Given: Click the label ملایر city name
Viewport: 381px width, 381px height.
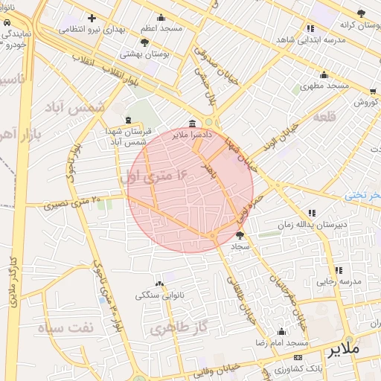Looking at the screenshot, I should [x=343, y=348].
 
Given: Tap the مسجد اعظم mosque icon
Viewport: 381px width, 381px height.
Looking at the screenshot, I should [x=161, y=18].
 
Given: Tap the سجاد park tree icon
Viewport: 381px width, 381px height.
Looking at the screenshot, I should [x=239, y=235].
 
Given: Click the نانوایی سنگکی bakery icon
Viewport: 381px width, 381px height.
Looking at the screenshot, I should [x=159, y=284].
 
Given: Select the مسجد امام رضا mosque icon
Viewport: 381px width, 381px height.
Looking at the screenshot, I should [x=281, y=332].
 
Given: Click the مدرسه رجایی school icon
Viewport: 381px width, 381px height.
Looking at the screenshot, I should [x=338, y=270].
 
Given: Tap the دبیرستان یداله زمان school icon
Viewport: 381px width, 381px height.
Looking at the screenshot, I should [x=311, y=213].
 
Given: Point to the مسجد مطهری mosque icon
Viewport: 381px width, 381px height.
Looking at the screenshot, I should [x=323, y=74].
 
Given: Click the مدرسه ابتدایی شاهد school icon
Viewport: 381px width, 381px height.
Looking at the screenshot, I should [x=310, y=28].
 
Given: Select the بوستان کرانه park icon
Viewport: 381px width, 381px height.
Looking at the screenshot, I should [x=361, y=13].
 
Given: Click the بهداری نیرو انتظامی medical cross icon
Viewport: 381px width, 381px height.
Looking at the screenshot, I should [x=92, y=18].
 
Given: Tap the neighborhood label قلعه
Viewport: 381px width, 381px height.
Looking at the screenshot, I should [x=326, y=115].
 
